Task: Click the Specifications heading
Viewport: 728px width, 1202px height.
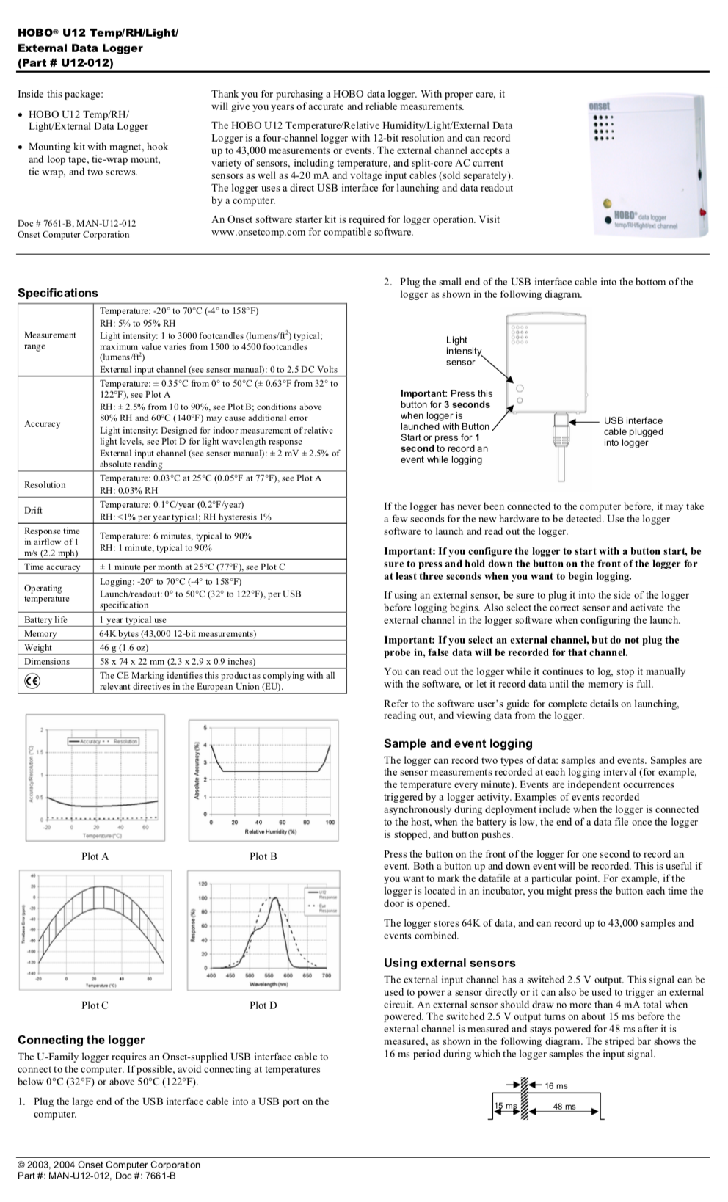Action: point(58,293)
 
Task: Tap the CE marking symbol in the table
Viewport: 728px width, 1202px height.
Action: point(32,681)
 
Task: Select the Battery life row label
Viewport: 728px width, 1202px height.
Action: point(45,619)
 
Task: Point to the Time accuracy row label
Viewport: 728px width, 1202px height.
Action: point(52,567)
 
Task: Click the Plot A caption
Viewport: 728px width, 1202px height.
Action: point(95,856)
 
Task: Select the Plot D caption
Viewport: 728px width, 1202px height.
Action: point(263,1005)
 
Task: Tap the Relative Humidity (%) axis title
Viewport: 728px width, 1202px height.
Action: point(270,831)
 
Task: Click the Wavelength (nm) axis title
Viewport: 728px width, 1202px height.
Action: point(268,984)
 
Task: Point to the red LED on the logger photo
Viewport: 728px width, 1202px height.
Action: point(702,213)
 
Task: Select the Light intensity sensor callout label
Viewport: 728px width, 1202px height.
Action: point(462,351)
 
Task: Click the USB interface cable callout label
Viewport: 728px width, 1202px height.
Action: point(633,431)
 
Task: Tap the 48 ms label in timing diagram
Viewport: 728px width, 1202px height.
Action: point(564,1107)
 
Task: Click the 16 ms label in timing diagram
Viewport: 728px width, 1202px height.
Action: point(556,1085)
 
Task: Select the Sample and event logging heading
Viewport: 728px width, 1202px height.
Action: point(458,743)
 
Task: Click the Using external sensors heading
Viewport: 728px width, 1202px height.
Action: point(449,963)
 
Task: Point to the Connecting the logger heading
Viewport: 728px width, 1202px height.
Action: point(81,1040)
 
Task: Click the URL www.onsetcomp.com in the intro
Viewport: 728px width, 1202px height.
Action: point(258,232)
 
